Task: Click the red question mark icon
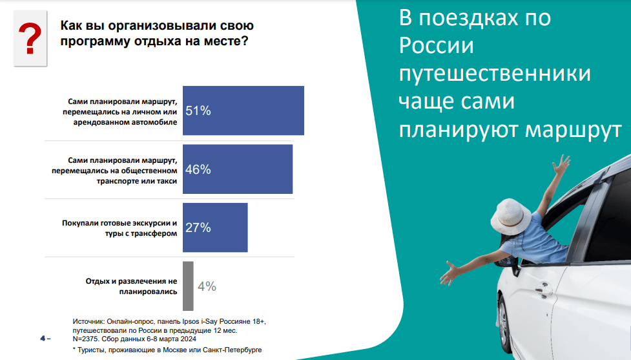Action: [30, 38]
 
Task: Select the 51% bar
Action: [243, 111]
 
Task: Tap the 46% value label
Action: [198, 169]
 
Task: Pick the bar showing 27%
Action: [215, 228]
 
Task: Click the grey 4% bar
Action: [188, 286]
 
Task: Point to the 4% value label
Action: [207, 286]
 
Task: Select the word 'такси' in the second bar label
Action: [167, 181]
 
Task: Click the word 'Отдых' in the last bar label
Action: [98, 281]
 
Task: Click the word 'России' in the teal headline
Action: [436, 45]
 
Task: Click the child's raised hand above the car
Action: [561, 164]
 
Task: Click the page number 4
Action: [43, 338]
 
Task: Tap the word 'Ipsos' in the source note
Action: [191, 321]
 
